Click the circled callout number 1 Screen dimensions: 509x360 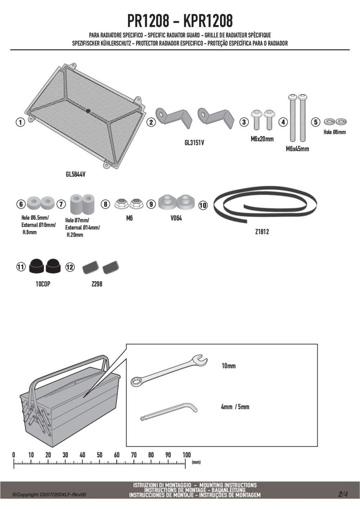click(21, 122)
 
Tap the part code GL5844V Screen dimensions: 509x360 click(76, 174)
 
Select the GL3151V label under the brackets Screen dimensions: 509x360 click(194, 143)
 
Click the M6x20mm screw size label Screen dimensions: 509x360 click(262, 139)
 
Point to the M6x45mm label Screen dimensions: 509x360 click(297, 149)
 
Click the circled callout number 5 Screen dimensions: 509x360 click(316, 122)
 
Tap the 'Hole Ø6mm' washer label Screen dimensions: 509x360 click(335, 132)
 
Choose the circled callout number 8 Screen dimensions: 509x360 click(105, 204)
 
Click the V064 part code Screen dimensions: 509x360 click(176, 218)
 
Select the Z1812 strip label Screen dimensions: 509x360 click(262, 232)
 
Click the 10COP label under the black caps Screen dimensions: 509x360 click(43, 284)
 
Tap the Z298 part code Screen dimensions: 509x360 click(97, 284)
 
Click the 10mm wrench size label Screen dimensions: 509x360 click(229, 366)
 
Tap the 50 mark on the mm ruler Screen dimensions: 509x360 click(99, 455)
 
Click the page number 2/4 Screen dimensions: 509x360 click(343, 494)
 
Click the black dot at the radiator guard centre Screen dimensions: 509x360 click(88, 111)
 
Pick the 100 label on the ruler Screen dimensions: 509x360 click(186, 455)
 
